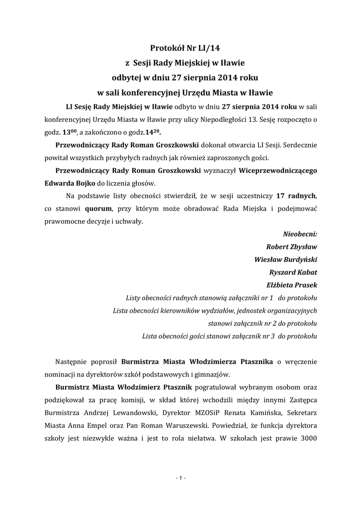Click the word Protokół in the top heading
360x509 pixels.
[168, 48]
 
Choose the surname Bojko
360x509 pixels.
[72, 182]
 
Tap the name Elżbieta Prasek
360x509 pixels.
[292, 285]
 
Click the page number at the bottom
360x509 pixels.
[180, 478]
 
